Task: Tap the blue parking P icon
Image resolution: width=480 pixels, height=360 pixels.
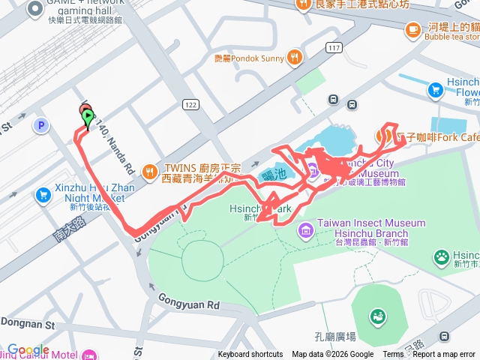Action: coord(42,124)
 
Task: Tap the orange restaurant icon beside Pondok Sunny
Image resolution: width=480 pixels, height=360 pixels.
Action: coord(297,55)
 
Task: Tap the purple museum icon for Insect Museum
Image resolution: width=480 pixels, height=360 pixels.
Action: coord(305,229)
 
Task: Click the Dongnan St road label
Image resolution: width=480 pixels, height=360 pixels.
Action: coord(28,325)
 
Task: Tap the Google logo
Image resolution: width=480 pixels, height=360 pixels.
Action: coord(28,349)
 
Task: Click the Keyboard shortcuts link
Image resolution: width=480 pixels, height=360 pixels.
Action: coord(250,355)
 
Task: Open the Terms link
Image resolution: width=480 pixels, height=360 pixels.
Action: coord(393,355)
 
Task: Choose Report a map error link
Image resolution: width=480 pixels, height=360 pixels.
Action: coord(444,355)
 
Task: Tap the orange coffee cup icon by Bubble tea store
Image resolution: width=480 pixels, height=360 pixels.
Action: coord(412,30)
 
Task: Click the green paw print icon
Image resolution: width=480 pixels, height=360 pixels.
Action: coord(442,259)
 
